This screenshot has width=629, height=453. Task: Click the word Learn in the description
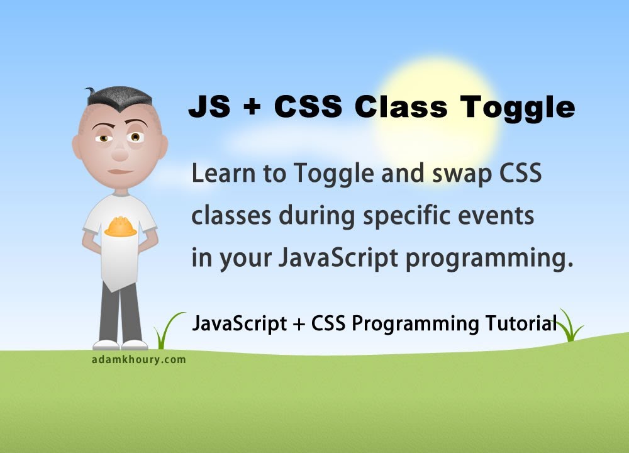(x=224, y=174)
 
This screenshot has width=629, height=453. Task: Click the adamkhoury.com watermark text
(x=138, y=360)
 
